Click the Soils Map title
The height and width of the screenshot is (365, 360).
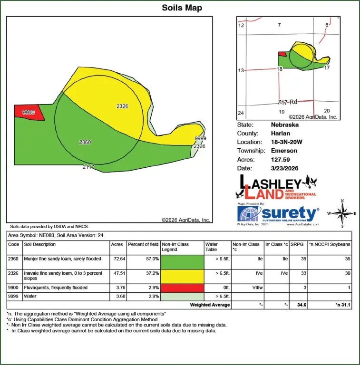pyautogui.click(x=182, y=8)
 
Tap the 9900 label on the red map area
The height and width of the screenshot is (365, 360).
pyautogui.click(x=29, y=112)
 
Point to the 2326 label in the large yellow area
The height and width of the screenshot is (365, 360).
pyautogui.click(x=122, y=106)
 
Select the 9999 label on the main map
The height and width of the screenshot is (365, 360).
pyautogui.click(x=200, y=138)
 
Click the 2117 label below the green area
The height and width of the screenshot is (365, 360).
pyautogui.click(x=88, y=167)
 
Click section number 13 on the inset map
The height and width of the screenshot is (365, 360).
pyautogui.click(x=241, y=70)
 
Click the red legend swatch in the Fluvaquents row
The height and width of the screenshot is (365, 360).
pyautogui.click(x=182, y=288)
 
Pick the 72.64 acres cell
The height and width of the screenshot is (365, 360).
pyautogui.click(x=117, y=259)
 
